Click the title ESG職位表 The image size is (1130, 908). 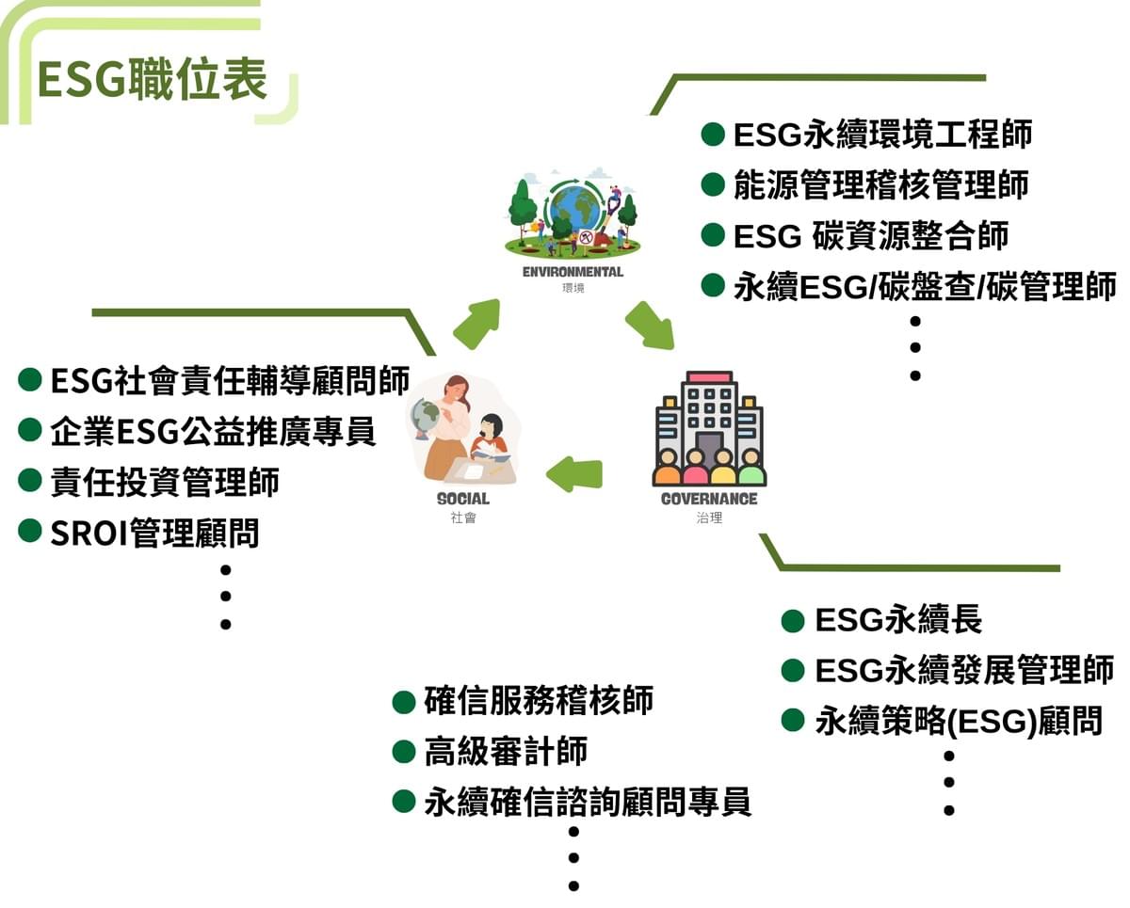click(x=152, y=78)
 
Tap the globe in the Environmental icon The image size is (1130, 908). click(x=576, y=208)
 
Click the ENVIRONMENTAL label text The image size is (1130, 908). click(x=573, y=272)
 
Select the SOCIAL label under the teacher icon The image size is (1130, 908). click(x=463, y=499)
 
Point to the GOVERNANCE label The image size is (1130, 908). click(x=709, y=499)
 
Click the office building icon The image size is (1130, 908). click(x=709, y=427)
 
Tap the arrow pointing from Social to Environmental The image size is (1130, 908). click(x=476, y=324)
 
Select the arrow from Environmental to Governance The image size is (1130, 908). click(x=650, y=326)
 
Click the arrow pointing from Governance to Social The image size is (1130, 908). click(x=573, y=473)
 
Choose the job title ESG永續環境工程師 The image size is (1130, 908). click(x=882, y=135)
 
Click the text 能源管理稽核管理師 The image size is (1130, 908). click(x=880, y=184)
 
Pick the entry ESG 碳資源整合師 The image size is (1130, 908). click(x=870, y=235)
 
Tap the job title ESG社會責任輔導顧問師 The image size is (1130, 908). click(x=230, y=381)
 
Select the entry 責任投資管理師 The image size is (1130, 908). click(x=165, y=482)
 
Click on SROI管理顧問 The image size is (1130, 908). click(x=154, y=533)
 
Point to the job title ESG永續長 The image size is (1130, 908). click(x=898, y=620)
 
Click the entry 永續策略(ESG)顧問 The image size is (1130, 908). click(x=958, y=722)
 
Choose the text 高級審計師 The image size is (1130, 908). click(x=506, y=751)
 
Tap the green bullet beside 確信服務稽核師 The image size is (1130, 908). click(x=404, y=701)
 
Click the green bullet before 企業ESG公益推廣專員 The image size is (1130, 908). click(x=30, y=431)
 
